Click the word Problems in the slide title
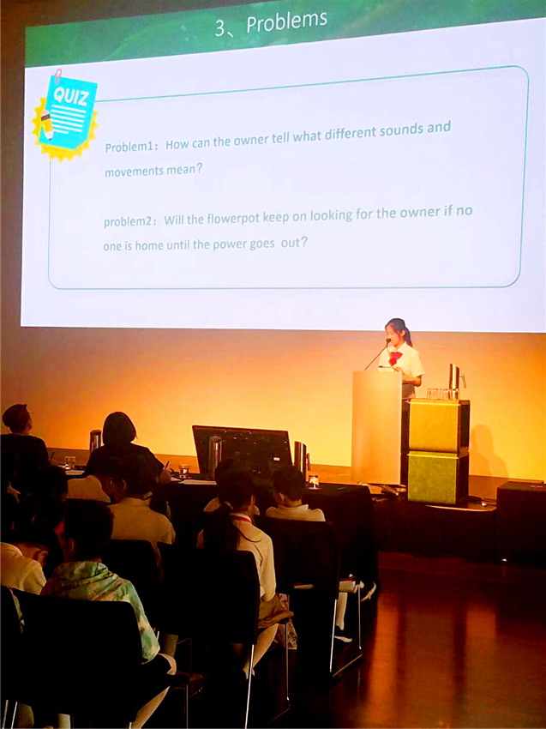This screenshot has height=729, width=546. click(286, 21)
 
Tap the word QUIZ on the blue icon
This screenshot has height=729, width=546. click(70, 96)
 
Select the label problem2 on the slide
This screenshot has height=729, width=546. click(128, 222)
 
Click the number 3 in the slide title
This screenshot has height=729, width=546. click(219, 28)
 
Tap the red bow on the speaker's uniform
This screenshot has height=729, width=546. click(395, 358)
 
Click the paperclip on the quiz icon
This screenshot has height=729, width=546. click(57, 75)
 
